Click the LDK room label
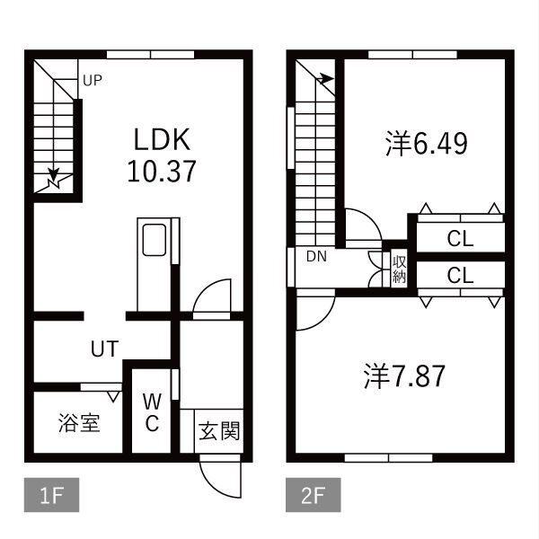coord(162,139)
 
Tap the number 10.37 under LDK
coord(162,172)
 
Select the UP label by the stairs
coord(93,81)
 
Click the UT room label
coord(105,349)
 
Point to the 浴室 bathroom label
coord(79,422)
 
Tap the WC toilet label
coord(152,412)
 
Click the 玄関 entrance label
coord(219,430)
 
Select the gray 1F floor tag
coord(51,495)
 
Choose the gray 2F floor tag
coord(314,495)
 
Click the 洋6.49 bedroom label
coord(426,144)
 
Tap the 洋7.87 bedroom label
coord(404,376)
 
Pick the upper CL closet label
coord(460,239)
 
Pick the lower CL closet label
coord(460,275)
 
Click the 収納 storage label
coord(400,269)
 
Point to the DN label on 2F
coord(316,256)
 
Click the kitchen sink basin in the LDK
coord(155,240)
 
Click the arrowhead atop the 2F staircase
coord(327,79)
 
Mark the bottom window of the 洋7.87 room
coord(388,458)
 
